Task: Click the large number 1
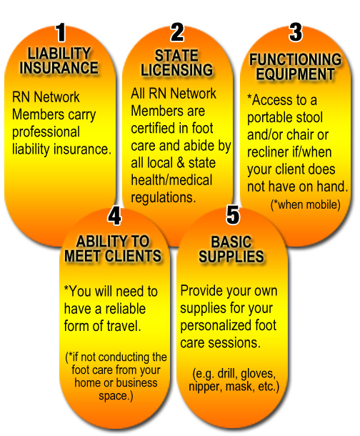(61, 33)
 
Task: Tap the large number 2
(177, 32)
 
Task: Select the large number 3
(296, 32)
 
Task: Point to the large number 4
(114, 215)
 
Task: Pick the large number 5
(233, 215)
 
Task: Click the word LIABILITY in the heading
(59, 54)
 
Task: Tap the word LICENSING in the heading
(176, 70)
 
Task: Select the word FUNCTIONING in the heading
(295, 59)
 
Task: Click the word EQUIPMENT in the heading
(295, 74)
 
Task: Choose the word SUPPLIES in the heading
(231, 257)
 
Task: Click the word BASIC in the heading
(231, 242)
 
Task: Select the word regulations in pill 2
(164, 198)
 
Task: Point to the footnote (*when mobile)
(305, 204)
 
